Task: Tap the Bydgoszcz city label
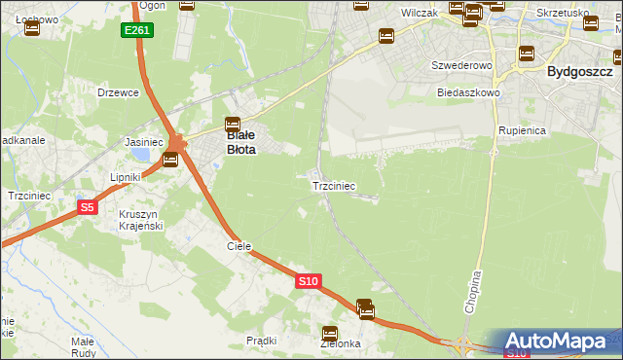coord(579,72)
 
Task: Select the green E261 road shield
coord(137,31)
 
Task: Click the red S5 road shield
coord(88,207)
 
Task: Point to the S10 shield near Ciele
coord(308,281)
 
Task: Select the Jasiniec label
coord(142,142)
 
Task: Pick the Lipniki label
coord(126,178)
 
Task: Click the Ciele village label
coord(239,247)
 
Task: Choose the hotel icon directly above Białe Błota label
coord(233,124)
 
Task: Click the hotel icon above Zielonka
coord(330,333)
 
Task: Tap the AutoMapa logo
coord(560,342)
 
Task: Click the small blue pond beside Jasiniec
coord(142,155)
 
